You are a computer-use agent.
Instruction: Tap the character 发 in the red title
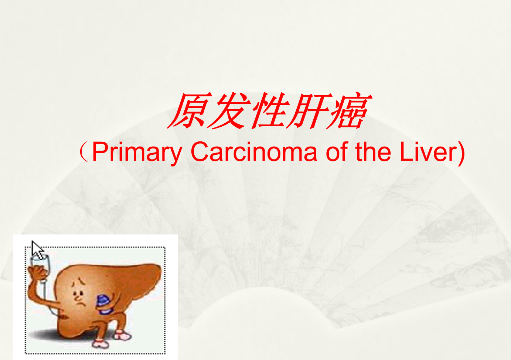(x=229, y=110)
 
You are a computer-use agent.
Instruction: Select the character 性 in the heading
(x=270, y=110)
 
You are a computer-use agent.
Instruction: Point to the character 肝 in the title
(x=310, y=110)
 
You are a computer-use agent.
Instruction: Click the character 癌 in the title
(x=349, y=110)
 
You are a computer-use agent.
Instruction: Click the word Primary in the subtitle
(x=137, y=152)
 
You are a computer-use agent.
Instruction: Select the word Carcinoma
(x=254, y=151)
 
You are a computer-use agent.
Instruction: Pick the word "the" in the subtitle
(x=373, y=151)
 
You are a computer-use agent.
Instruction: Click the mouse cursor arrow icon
(x=37, y=250)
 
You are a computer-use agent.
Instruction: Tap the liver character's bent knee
(x=98, y=323)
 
